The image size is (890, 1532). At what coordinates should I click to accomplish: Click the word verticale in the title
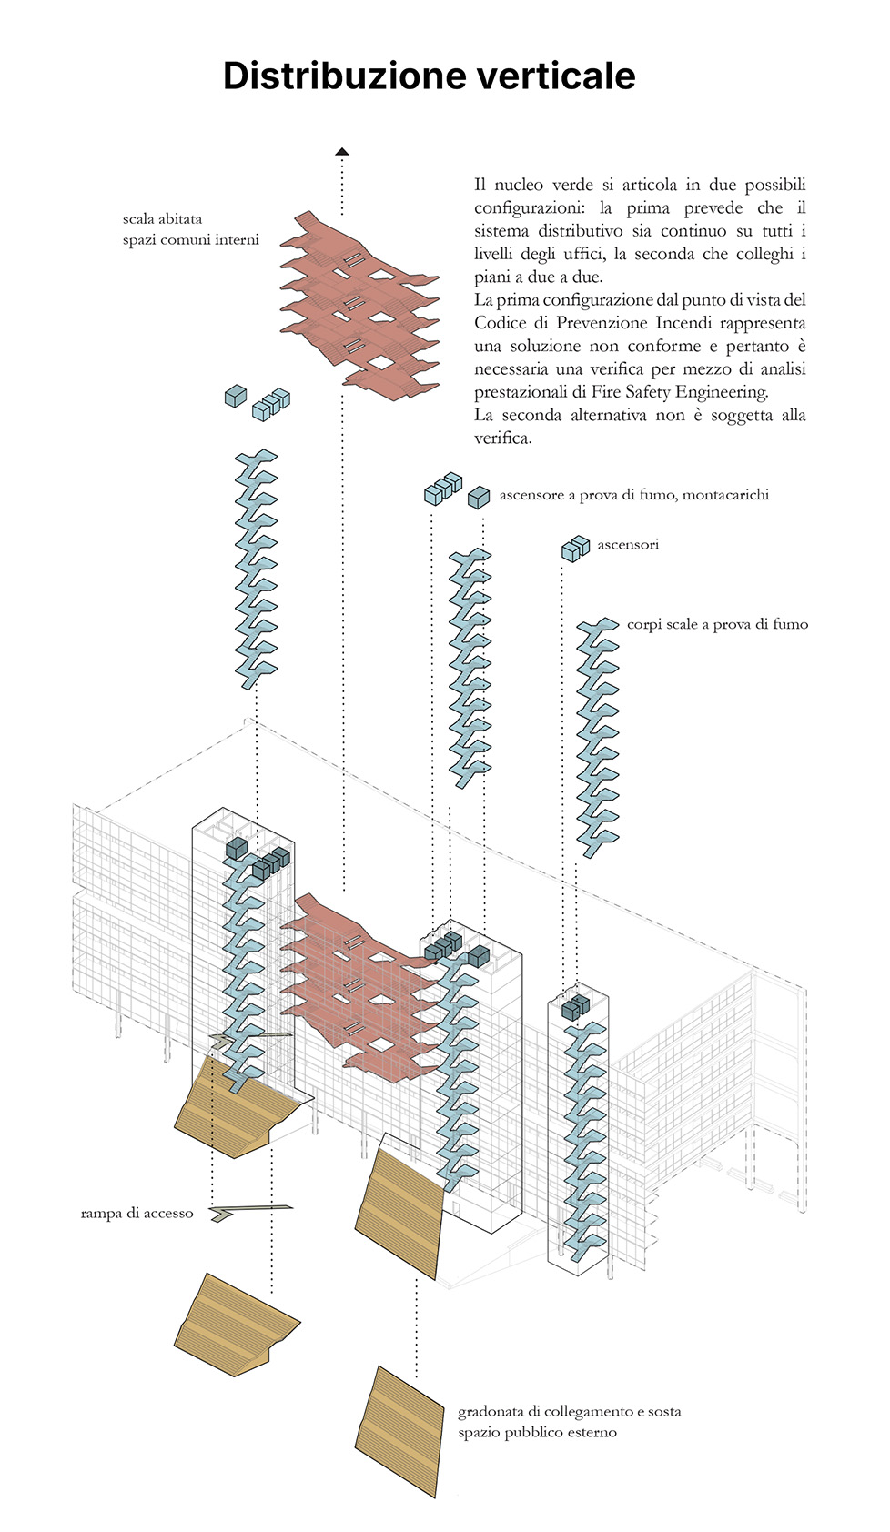(556, 76)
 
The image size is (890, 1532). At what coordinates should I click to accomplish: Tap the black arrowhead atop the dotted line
(342, 151)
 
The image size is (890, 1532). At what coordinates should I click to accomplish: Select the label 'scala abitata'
(162, 219)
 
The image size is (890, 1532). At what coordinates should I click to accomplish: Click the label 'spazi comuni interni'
(191, 240)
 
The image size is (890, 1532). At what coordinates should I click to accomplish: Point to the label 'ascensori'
(628, 544)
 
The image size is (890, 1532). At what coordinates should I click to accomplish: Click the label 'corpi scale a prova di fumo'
(718, 624)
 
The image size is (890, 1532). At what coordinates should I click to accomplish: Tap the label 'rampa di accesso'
(137, 1213)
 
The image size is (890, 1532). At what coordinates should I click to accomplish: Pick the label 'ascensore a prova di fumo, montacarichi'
(634, 495)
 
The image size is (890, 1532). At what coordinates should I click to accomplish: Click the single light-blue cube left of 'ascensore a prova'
(478, 498)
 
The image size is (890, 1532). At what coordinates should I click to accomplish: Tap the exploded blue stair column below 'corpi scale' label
(597, 737)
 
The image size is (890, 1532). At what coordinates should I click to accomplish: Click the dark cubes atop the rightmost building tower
(575, 1007)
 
